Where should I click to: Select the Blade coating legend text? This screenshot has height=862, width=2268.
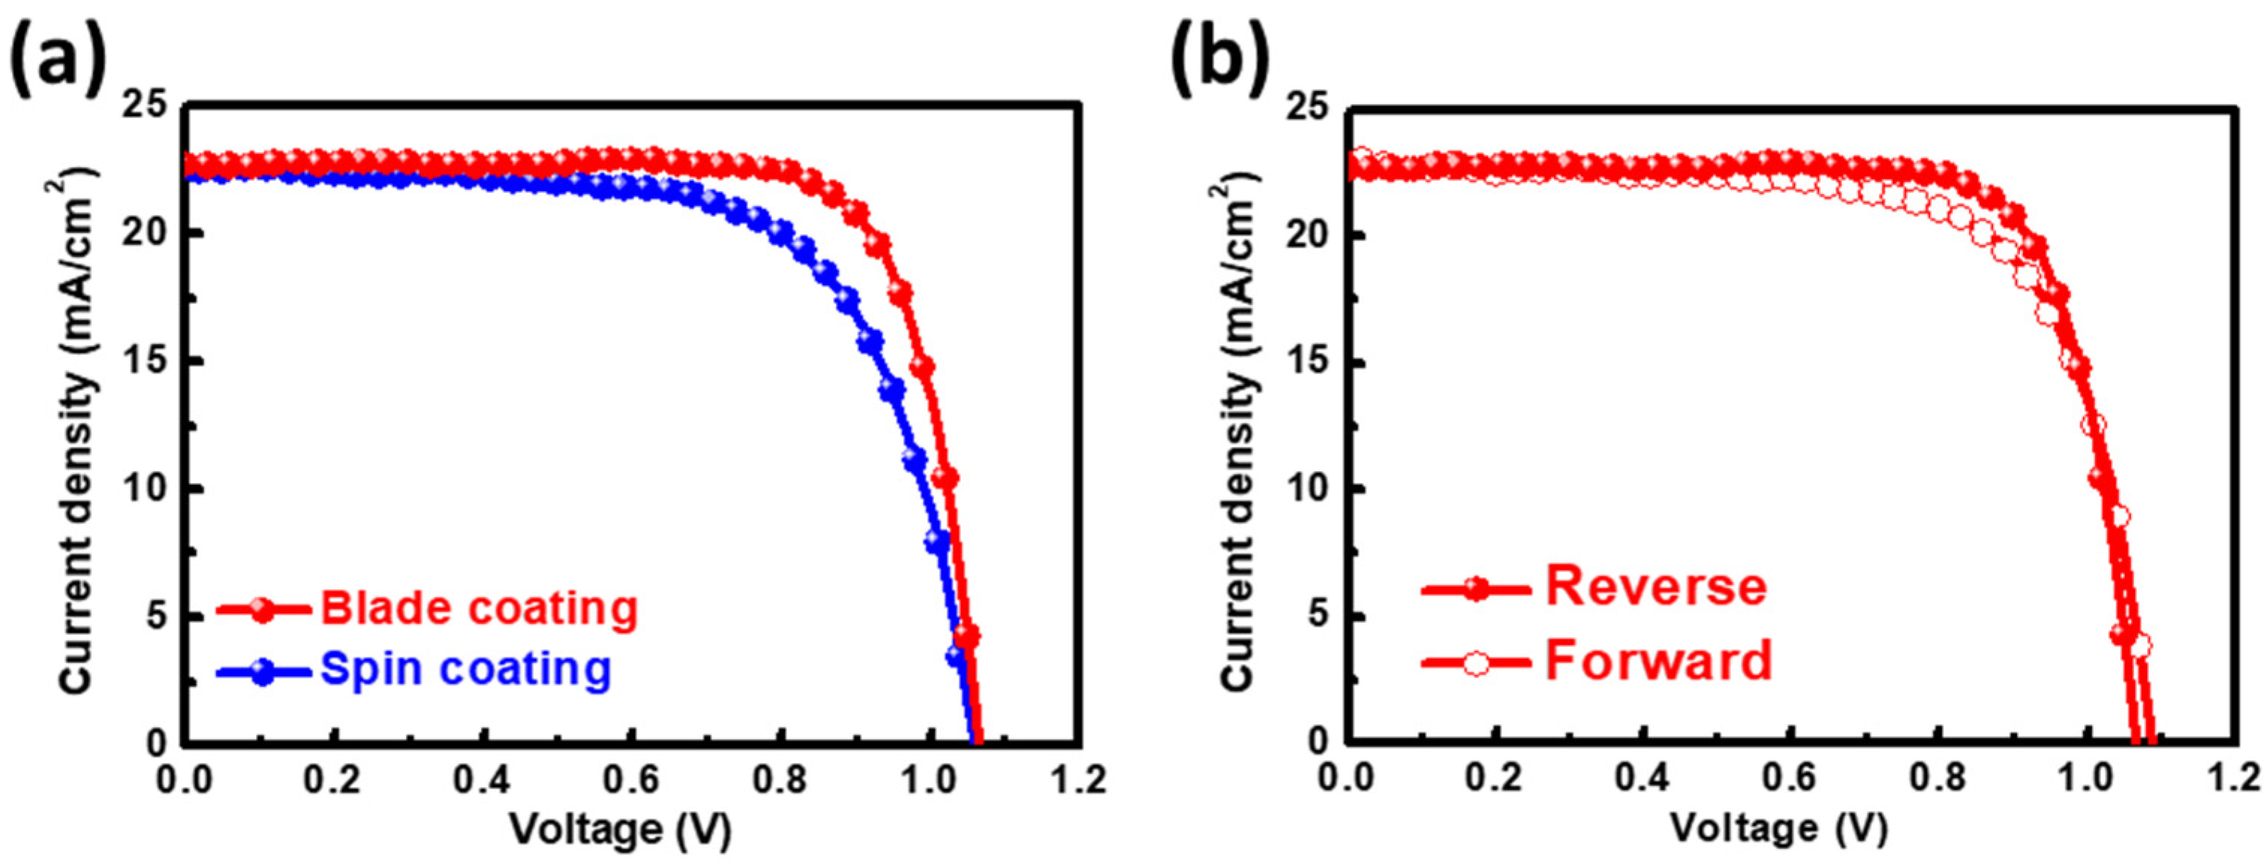click(478, 607)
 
